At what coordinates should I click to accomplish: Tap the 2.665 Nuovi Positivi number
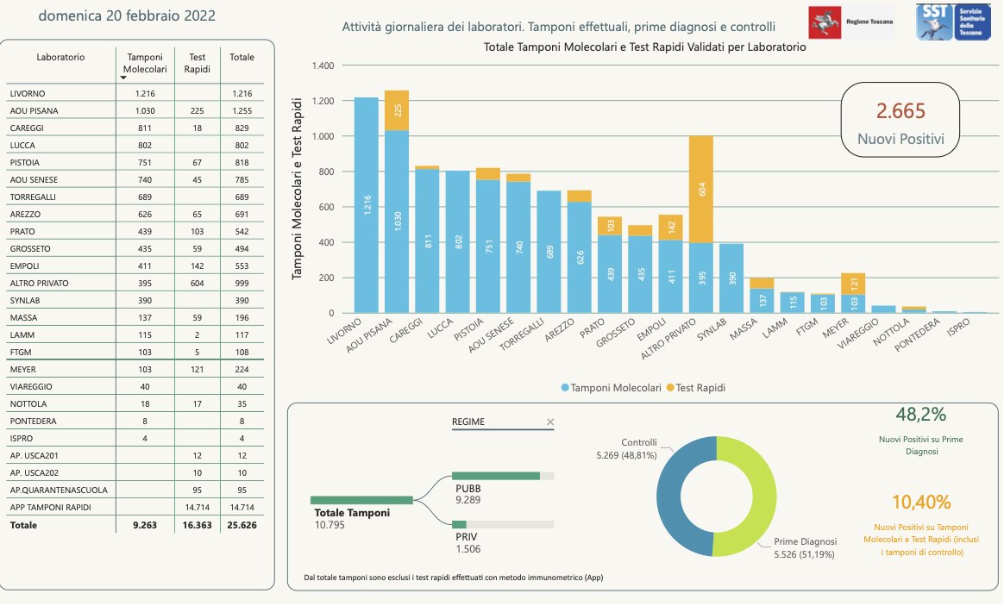click(x=900, y=110)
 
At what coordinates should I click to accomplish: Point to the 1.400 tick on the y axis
click(x=321, y=66)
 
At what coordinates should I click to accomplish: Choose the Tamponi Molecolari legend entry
click(x=612, y=388)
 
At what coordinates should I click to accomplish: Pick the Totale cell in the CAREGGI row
click(x=242, y=128)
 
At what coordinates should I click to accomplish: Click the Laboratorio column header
click(x=60, y=57)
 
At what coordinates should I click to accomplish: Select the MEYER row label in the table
click(x=23, y=368)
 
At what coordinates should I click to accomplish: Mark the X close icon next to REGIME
click(x=550, y=422)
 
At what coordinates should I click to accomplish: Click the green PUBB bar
click(x=496, y=475)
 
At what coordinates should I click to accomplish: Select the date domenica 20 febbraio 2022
click(x=127, y=16)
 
